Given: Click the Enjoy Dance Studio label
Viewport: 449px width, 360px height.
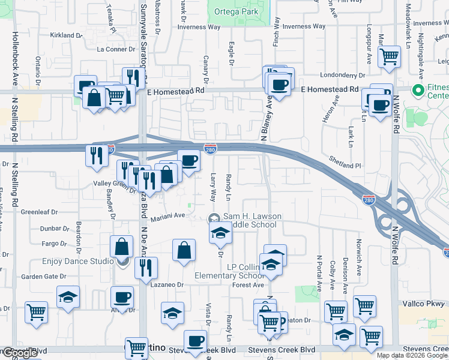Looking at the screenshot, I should (78, 262).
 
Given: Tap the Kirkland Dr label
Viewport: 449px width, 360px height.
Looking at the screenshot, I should (66, 35).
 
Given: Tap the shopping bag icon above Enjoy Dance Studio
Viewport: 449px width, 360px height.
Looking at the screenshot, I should (122, 247).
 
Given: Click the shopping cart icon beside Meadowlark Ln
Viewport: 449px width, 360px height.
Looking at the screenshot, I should (390, 57).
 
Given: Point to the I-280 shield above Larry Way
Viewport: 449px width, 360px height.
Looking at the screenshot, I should (210, 148).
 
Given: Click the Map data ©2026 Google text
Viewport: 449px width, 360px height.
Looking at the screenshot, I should (412, 355).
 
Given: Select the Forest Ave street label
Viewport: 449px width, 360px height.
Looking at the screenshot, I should (248, 285).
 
